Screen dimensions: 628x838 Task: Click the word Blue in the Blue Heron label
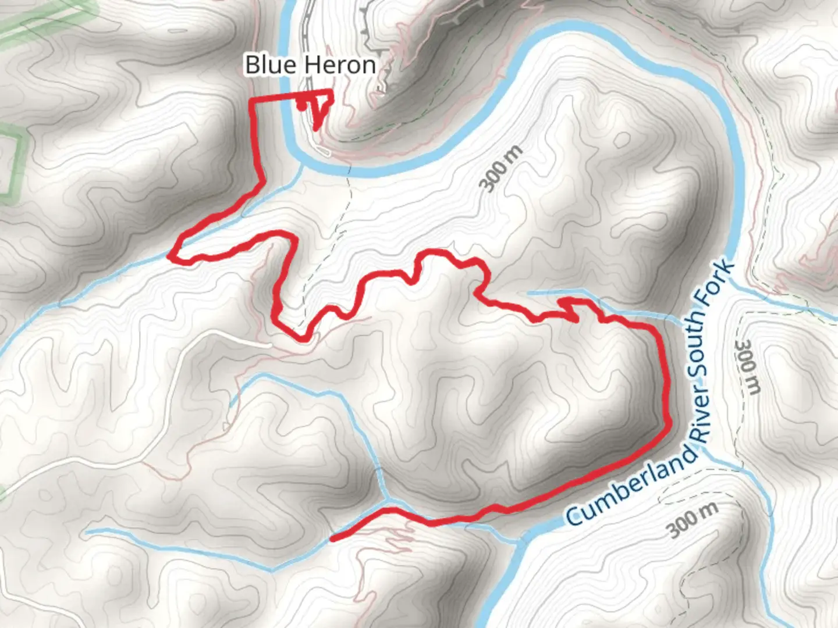(x=269, y=65)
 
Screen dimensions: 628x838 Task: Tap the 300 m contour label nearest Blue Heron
(x=501, y=169)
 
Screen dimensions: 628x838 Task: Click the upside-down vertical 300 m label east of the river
(x=750, y=367)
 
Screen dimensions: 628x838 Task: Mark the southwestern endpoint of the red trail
(x=332, y=539)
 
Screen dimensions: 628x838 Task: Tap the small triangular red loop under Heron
(x=321, y=110)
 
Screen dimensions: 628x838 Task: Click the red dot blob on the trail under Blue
(x=301, y=106)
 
